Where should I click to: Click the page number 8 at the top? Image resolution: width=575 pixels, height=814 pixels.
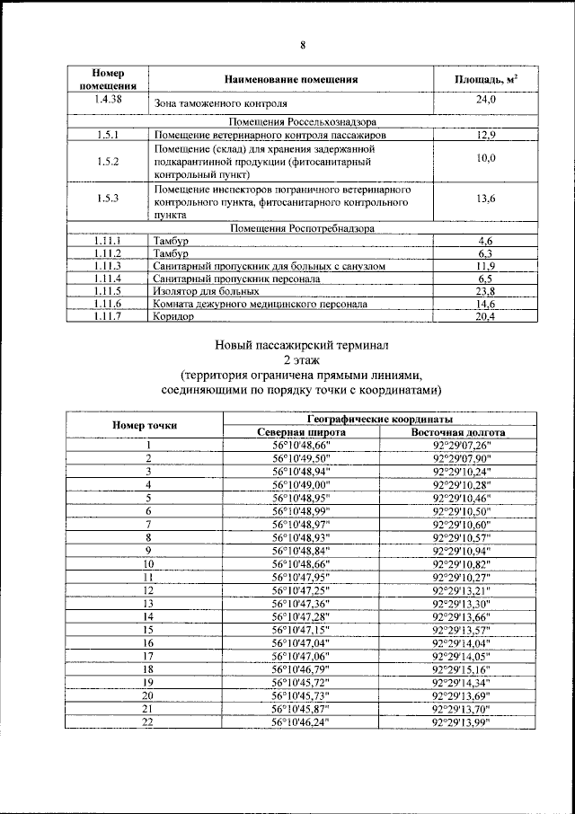pos(303,45)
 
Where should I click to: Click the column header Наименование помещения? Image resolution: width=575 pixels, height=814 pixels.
pos(292,79)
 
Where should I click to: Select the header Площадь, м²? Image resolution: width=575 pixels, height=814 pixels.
pos(486,79)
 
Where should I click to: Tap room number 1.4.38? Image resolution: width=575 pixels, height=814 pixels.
pos(108,100)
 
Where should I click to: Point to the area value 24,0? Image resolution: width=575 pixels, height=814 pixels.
pos(486,100)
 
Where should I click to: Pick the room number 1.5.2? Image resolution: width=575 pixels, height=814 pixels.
pos(108,162)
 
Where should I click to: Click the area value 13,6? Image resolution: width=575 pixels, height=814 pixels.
pos(486,199)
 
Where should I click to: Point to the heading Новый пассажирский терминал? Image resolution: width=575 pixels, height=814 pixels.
pos(302,344)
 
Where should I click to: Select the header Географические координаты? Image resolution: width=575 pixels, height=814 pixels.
pos(379,420)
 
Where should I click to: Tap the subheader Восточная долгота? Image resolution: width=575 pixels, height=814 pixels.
pos(457,432)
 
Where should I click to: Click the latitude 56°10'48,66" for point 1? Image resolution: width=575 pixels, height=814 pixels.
pos(301,445)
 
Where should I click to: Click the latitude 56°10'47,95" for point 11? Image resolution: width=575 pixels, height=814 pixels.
pos(301,577)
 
